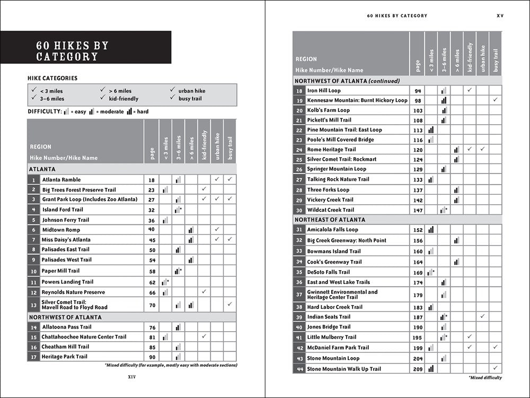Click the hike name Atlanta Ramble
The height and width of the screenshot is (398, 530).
(x=61, y=180)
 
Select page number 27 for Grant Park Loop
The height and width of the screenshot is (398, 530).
(x=151, y=200)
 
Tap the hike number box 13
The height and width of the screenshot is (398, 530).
(x=33, y=305)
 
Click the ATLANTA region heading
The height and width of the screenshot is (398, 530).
(x=42, y=169)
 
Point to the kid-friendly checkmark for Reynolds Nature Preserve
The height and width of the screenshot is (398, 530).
(x=204, y=292)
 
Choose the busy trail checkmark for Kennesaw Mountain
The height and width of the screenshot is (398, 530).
(x=495, y=100)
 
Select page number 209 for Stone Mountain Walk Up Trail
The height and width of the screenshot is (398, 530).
(x=418, y=369)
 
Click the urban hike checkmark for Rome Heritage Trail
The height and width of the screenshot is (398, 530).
(x=482, y=149)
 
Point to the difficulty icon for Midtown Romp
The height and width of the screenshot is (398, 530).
(x=191, y=230)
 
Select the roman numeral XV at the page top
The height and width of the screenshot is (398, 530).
(x=500, y=16)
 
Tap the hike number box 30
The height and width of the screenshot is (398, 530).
(x=299, y=210)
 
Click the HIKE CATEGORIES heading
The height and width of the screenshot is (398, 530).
(x=52, y=79)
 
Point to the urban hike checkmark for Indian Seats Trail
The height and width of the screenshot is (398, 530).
(x=482, y=316)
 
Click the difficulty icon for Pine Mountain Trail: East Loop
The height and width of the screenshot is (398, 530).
(x=431, y=130)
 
